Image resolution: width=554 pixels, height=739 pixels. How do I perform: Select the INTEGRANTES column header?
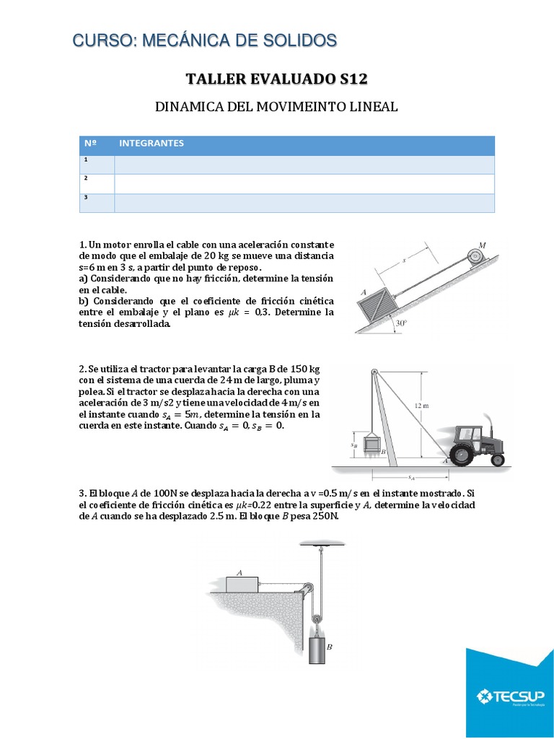pyautogui.click(x=151, y=144)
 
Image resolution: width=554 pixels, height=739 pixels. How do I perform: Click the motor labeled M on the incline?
pyautogui.click(x=474, y=255)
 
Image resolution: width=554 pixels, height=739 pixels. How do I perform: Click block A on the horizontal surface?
pyautogui.click(x=243, y=582)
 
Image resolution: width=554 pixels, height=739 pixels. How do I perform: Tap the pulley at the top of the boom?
pyautogui.click(x=373, y=372)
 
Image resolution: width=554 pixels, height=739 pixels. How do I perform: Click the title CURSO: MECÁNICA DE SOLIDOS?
pyautogui.click(x=204, y=40)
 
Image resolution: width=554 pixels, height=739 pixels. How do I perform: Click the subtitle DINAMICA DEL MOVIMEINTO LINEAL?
pyautogui.click(x=276, y=107)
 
